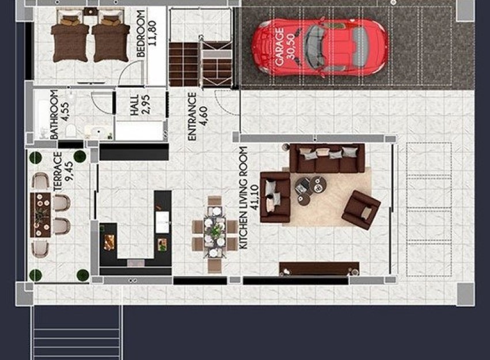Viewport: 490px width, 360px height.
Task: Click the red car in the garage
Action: coord(320,46)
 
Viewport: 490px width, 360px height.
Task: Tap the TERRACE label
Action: coord(57,172)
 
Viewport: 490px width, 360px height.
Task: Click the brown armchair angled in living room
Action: coord(361,210)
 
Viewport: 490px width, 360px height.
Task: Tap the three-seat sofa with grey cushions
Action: coord(327,158)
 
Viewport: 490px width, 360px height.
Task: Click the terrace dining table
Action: coord(41,214)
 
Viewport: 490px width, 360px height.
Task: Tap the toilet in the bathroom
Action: coord(70,130)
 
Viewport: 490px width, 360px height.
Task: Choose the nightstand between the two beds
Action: coord(90,11)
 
